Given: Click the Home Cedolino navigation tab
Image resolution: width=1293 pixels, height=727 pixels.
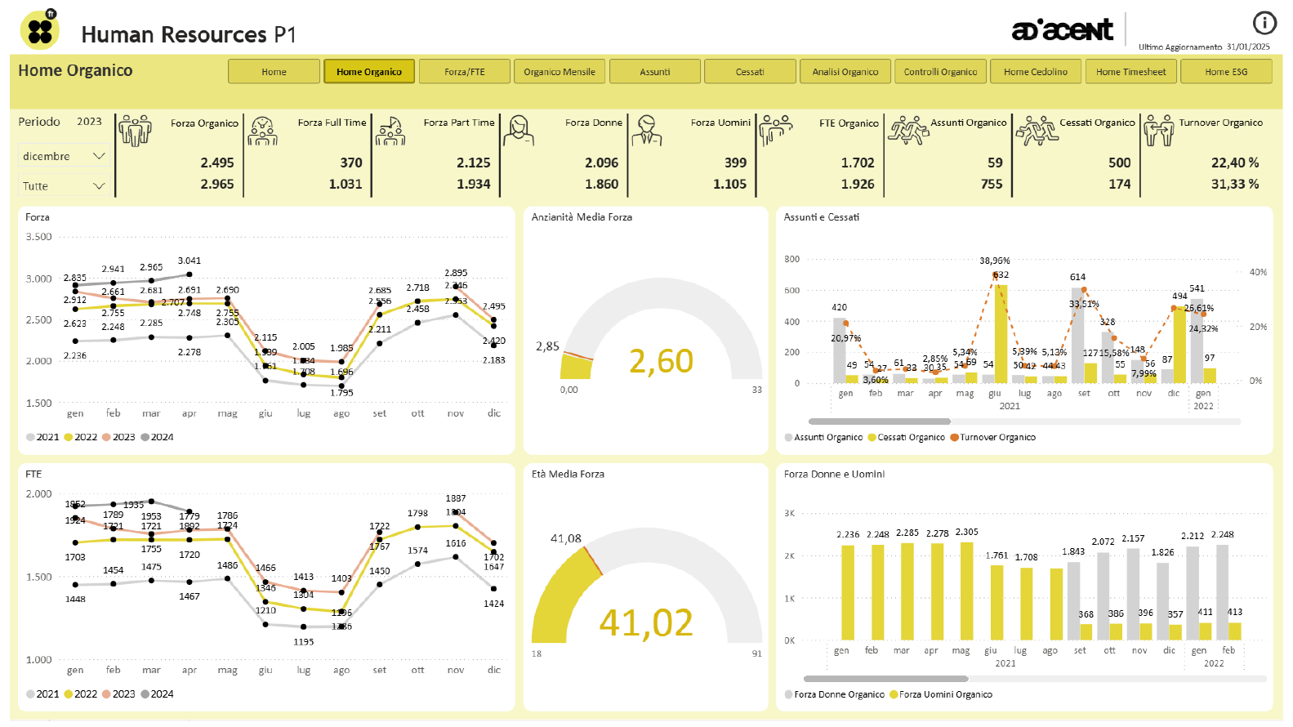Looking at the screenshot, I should click(1035, 72).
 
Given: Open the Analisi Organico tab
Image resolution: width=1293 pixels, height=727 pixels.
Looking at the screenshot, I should click(845, 72).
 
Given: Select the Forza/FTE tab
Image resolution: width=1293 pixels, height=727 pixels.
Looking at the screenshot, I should click(464, 72).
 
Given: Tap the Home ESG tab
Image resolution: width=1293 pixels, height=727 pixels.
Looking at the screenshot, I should click(1225, 72).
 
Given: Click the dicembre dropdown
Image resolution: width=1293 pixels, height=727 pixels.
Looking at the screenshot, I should click(64, 156).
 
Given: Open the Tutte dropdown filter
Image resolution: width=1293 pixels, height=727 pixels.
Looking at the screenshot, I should click(64, 186).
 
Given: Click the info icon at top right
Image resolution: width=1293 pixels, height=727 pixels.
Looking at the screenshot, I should click(1264, 23).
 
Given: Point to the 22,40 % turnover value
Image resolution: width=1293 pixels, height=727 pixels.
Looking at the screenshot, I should click(1234, 163).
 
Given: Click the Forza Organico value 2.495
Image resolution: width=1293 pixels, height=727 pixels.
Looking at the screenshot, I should click(216, 163).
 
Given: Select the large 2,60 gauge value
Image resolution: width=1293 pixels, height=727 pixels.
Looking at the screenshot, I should click(661, 361).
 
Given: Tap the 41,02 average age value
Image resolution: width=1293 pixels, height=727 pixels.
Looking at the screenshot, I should click(645, 623).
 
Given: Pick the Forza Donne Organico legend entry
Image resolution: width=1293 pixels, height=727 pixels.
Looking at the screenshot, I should click(838, 695).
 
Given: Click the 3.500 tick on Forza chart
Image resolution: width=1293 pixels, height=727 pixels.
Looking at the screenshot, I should click(38, 237).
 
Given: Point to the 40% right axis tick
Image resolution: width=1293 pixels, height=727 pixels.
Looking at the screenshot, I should click(1258, 273).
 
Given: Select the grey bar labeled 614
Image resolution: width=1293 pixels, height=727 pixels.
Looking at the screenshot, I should click(1077, 335).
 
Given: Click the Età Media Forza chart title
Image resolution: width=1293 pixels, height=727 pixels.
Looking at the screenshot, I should click(568, 475).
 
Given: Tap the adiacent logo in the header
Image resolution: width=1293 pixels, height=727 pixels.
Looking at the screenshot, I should click(1062, 30).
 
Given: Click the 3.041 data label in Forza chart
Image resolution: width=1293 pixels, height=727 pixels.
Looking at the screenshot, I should click(189, 261).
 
